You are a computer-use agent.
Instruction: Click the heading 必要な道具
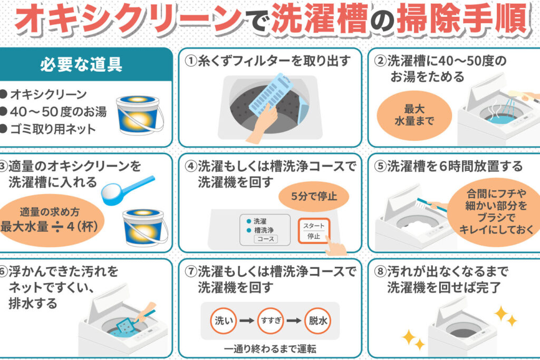(x=81, y=64)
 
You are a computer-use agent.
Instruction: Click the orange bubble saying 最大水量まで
(x=414, y=115)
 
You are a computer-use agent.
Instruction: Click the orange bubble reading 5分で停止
(x=314, y=196)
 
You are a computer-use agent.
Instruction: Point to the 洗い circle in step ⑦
(x=224, y=321)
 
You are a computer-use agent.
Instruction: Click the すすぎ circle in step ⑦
(x=271, y=321)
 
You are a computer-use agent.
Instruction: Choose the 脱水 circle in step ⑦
(x=318, y=321)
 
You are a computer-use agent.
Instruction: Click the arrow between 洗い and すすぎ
(x=247, y=321)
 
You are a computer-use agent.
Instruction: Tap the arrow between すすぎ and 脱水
(x=294, y=321)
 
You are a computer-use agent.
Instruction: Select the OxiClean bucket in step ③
(x=145, y=228)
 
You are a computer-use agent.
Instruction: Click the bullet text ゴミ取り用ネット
(x=53, y=129)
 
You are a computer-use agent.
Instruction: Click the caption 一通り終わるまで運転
(x=270, y=349)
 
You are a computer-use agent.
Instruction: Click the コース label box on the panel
(x=266, y=239)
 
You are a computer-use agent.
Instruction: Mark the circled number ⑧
(x=380, y=271)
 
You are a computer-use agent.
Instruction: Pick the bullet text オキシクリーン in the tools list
(x=49, y=94)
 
